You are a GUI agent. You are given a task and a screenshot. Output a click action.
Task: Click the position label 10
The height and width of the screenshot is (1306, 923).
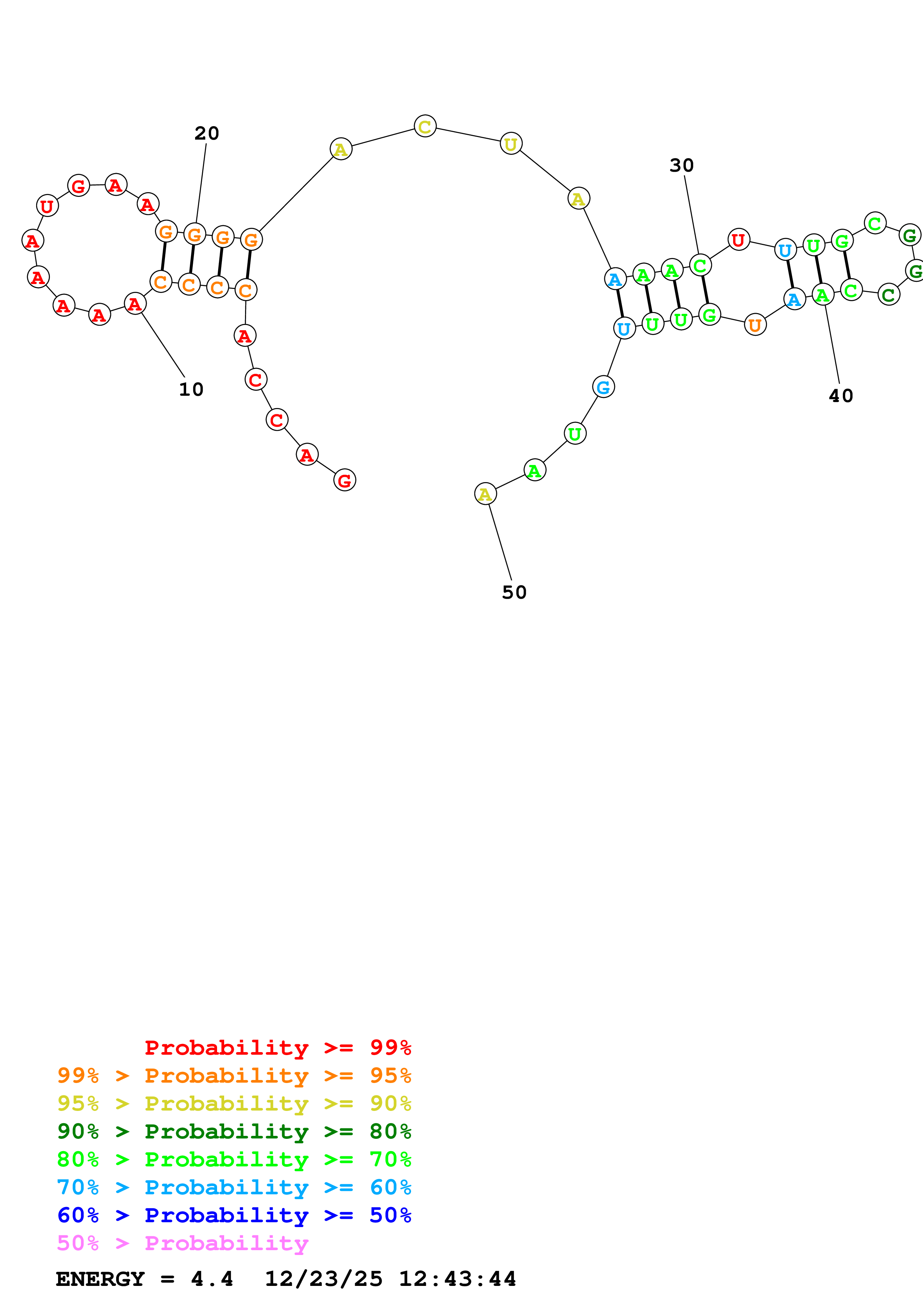[191, 390]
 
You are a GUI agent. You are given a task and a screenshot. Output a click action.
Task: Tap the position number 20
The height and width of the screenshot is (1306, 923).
[206, 134]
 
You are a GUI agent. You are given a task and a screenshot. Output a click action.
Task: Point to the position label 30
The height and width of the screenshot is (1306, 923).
[681, 166]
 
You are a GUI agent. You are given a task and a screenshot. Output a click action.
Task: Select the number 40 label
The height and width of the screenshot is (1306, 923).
[841, 396]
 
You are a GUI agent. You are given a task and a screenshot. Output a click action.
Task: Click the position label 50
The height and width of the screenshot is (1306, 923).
[514, 593]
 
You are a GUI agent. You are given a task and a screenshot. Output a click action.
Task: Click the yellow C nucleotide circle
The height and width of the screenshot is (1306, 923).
[425, 126]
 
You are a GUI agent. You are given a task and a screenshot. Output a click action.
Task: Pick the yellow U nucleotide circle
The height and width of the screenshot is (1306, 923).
[511, 144]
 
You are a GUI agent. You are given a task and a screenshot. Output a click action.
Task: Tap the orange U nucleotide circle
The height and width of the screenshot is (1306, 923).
[755, 325]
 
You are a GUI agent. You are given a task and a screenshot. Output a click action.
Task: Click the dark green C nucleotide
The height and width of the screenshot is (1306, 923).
[888, 294]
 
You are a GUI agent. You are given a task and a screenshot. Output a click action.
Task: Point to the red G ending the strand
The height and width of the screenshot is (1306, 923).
[345, 480]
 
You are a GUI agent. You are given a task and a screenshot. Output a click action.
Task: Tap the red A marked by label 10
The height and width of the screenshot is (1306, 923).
[135, 304]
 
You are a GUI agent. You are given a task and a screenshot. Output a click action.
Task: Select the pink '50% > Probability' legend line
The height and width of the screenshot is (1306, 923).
[182, 1243]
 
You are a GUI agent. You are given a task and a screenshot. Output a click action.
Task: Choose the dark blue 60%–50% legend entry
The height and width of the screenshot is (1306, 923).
[234, 1215]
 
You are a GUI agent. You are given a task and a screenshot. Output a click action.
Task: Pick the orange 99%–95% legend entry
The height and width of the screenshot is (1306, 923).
[234, 1076]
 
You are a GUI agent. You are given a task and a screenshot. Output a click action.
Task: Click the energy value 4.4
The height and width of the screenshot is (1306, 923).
[211, 1279]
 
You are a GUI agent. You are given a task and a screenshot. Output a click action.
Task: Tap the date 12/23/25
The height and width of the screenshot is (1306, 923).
[324, 1279]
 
